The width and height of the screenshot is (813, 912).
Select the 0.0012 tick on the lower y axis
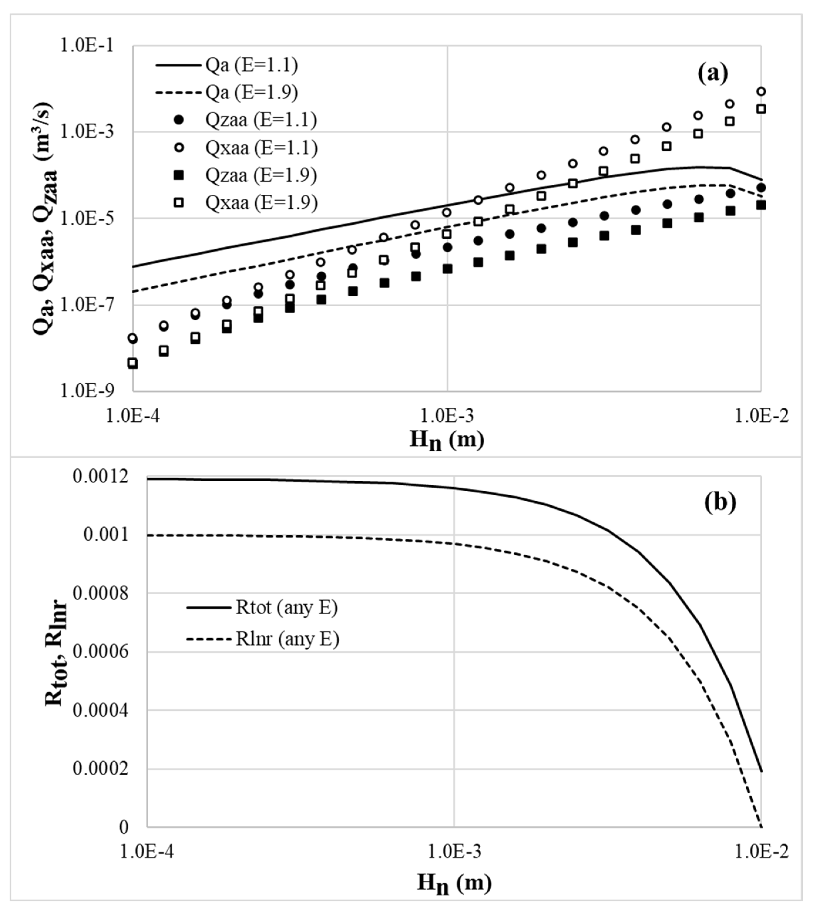[101, 477]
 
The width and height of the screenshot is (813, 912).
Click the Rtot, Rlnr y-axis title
[56, 652]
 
